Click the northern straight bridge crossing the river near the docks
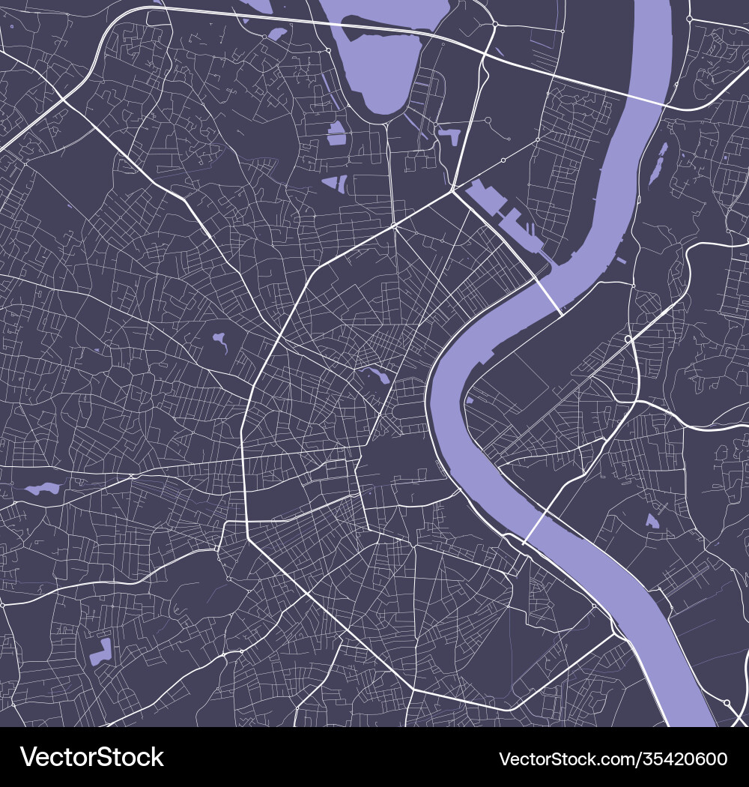click(x=547, y=296)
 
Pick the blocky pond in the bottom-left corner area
click(x=100, y=652)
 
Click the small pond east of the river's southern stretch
click(x=652, y=520)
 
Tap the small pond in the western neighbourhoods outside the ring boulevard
click(x=219, y=342)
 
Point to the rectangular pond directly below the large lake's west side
click(x=336, y=133)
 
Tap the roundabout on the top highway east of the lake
click(x=495, y=25)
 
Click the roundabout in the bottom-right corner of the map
click(x=727, y=703)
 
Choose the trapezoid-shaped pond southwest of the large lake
click(x=334, y=182)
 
